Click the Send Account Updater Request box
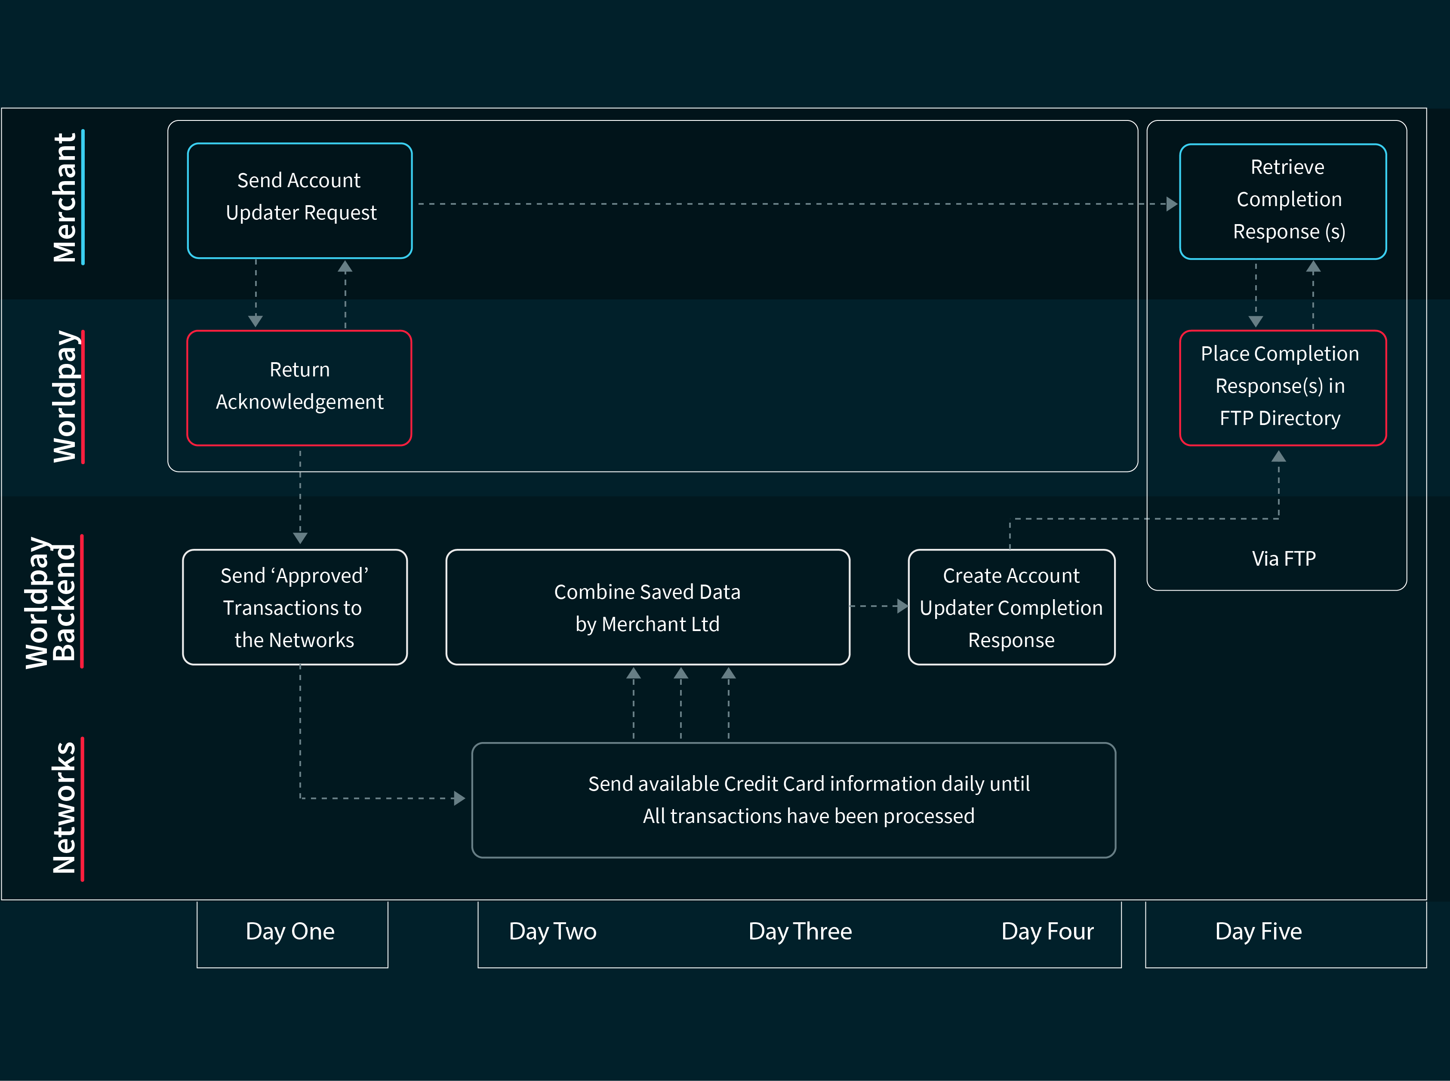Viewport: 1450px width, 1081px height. (300, 200)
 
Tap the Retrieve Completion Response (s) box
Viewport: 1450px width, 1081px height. (1283, 201)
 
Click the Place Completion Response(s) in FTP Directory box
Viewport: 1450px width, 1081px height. (1283, 388)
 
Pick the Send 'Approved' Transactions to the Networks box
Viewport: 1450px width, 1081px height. (295, 607)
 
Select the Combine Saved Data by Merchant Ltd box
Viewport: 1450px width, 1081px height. (647, 607)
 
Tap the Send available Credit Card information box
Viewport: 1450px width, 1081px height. (793, 800)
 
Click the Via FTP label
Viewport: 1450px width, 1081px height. (1283, 559)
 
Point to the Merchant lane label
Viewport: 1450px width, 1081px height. (65, 197)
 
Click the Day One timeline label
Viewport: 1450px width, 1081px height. (290, 931)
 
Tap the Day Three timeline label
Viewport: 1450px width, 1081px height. (800, 931)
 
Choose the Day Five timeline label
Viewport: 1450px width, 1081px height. (1258, 931)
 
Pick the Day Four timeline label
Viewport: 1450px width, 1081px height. (1047, 931)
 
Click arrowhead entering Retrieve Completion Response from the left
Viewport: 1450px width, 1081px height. (1172, 204)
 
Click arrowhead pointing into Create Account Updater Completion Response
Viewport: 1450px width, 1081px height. (902, 607)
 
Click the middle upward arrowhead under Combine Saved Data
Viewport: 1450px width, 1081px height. (680, 673)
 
